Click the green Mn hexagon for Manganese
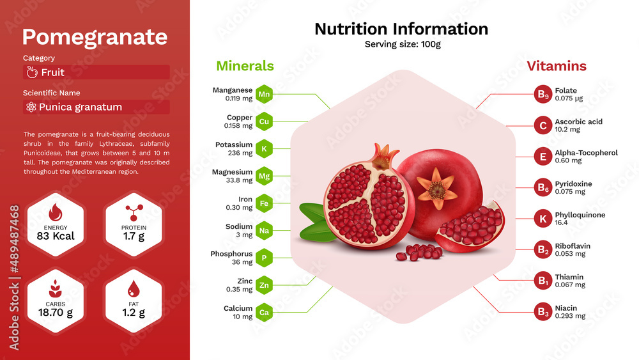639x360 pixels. coord(264,94)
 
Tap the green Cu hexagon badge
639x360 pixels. coord(264,121)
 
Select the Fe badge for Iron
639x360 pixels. coord(264,203)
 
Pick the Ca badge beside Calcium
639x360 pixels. coord(264,312)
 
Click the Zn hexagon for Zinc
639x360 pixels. coord(264,285)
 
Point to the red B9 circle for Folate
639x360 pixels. coord(543,94)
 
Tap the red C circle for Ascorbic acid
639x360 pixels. coord(543,125)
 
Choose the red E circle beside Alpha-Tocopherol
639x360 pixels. coord(543,157)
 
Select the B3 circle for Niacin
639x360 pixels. coord(543,312)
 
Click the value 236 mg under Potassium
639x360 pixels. coord(240,153)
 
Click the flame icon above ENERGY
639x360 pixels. coord(55,212)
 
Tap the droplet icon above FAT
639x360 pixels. coord(134,288)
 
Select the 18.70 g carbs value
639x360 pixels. coord(56,313)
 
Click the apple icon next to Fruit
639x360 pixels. coord(32,72)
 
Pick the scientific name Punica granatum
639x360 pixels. coord(81,107)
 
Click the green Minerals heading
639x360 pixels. coord(245,66)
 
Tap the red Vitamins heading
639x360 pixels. coord(557,66)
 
